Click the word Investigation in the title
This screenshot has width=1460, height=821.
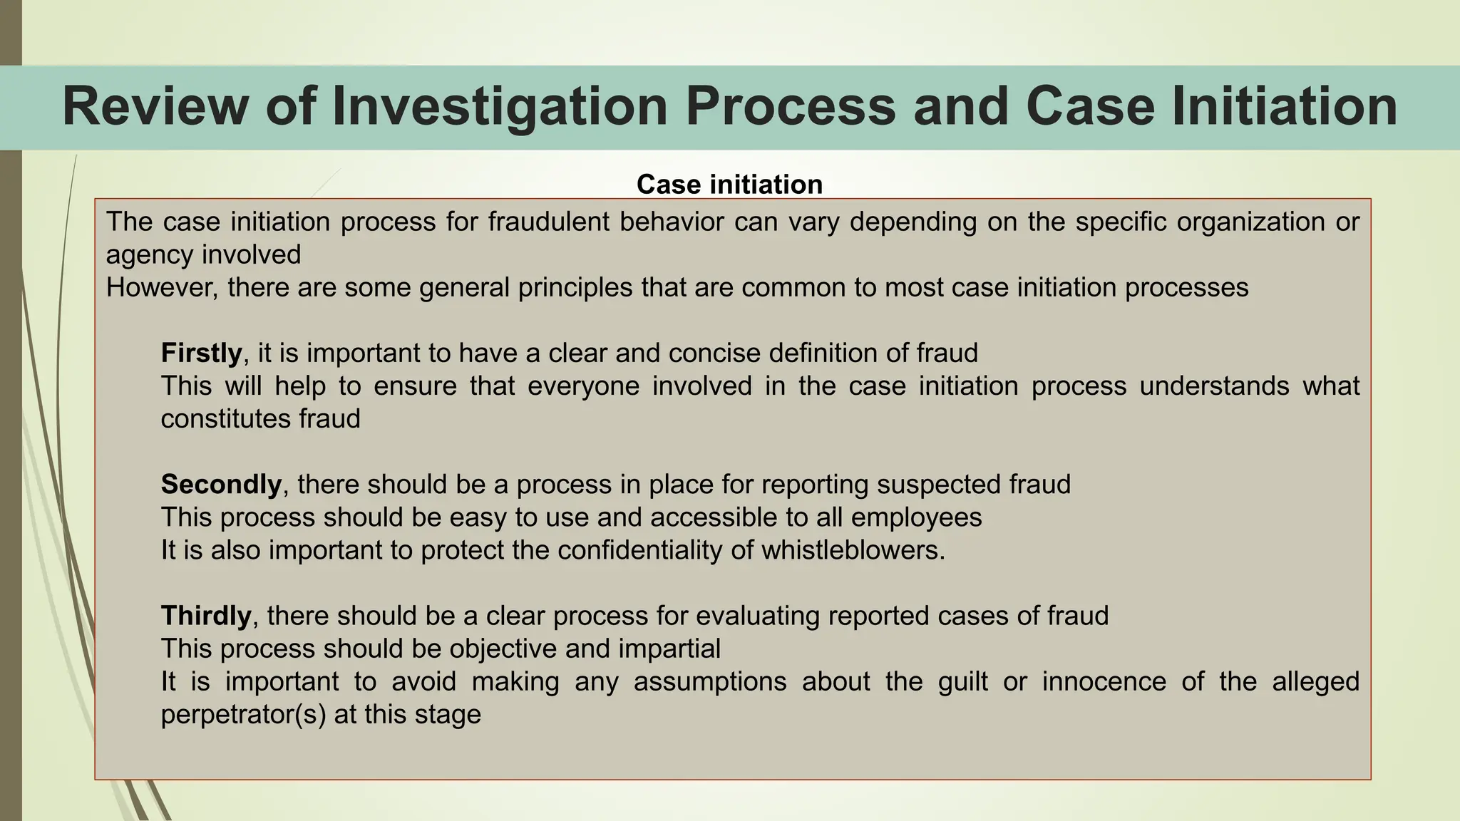pos(500,107)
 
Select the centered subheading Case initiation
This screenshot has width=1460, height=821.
pos(729,185)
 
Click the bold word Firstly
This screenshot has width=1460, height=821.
pos(202,353)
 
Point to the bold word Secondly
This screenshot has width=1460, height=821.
pos(221,485)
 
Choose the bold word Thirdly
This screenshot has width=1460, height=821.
pos(206,616)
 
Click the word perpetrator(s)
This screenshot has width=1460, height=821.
pos(243,714)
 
